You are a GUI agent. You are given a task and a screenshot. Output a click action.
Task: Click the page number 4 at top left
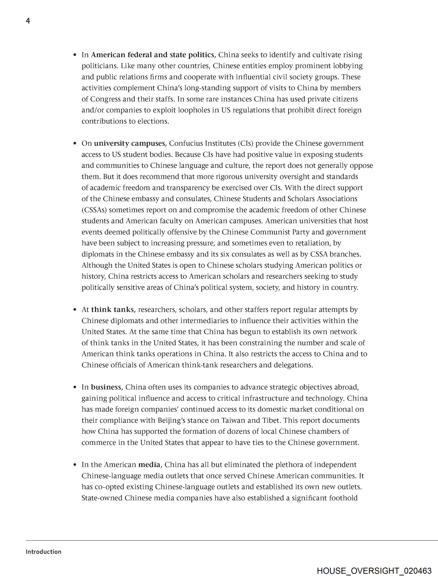pyautogui.click(x=28, y=21)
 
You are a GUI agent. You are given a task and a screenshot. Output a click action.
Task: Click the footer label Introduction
pyautogui.click(x=43, y=552)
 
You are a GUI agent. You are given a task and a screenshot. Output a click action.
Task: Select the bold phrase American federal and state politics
pyautogui.click(x=153, y=55)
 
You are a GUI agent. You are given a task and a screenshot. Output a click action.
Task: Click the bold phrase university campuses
pyautogui.click(x=130, y=143)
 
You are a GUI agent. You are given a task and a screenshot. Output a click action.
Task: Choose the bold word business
pyautogui.click(x=106, y=387)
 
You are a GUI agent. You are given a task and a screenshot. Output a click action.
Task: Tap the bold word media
pyautogui.click(x=149, y=465)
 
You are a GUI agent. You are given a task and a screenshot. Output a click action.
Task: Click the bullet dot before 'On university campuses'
pyautogui.click(x=75, y=143)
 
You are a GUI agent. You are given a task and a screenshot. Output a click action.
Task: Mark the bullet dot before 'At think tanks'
pyautogui.click(x=75, y=310)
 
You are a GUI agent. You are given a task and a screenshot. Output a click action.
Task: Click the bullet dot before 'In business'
pyautogui.click(x=75, y=387)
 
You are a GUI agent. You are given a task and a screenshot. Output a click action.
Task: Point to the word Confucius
pyautogui.click(x=186, y=143)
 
